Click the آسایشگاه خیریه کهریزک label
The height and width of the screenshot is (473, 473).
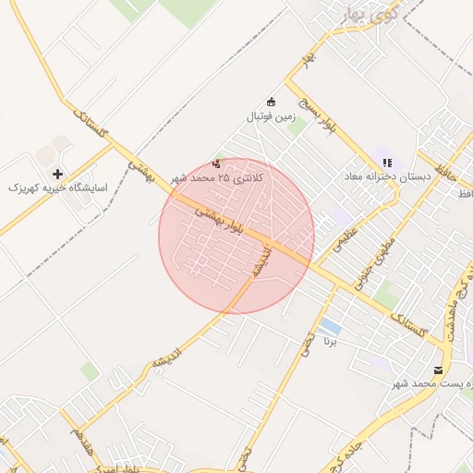coord(57,188)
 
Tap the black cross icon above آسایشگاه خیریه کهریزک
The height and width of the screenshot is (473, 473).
coord(57,173)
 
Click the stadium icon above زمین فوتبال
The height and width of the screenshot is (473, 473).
coord(271,102)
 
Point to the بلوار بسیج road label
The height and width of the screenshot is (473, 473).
coord(324,119)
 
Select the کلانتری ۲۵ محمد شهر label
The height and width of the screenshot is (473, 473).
coord(217,176)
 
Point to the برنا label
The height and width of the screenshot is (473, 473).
coord(330,341)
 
